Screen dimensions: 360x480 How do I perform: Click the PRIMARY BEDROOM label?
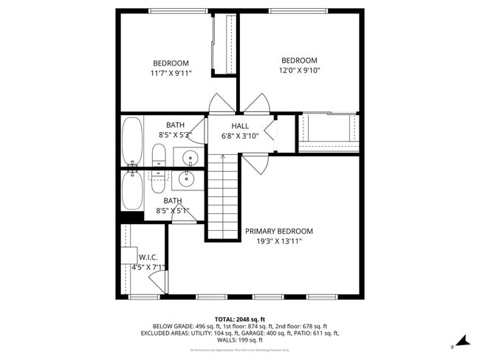278,231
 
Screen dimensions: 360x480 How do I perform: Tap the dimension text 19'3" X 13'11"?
278,241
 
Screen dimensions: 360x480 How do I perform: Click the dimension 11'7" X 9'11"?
171,73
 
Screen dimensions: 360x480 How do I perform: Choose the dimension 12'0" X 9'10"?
299,70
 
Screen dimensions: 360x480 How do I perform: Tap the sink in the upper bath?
189,157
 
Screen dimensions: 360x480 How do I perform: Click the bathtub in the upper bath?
132,141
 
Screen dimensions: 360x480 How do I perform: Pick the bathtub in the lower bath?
132,190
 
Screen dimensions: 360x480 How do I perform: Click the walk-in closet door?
157,281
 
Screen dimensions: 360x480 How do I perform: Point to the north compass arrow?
462,341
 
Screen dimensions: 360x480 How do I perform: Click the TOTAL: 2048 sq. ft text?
239,318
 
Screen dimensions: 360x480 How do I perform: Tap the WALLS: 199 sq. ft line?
239,341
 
